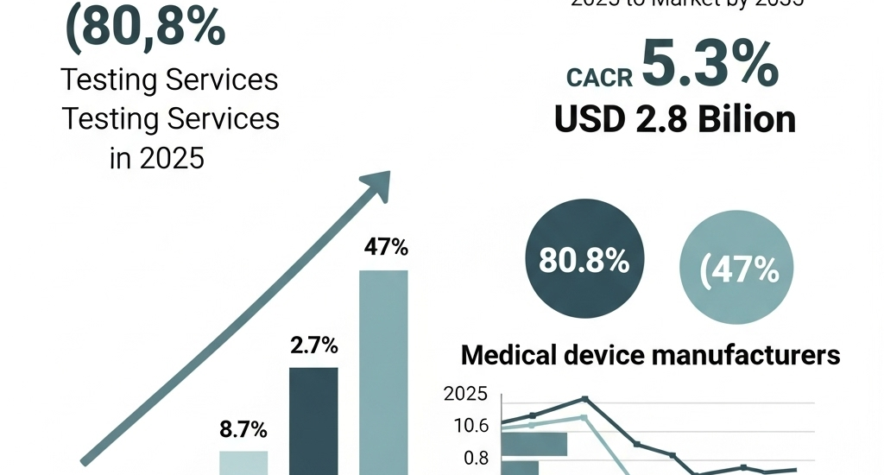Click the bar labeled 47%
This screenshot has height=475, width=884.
[x=383, y=371]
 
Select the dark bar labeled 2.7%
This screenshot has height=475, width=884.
[x=313, y=420]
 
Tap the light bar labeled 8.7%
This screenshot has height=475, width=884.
[x=243, y=462]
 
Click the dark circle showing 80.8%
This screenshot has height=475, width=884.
[x=584, y=260]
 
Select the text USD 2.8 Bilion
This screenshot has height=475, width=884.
[x=675, y=119]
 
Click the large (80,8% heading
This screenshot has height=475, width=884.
[x=146, y=28]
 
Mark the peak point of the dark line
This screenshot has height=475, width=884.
[x=584, y=399]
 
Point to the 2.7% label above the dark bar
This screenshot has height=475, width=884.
[x=313, y=347]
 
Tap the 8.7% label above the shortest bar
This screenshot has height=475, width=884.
[x=243, y=429]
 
